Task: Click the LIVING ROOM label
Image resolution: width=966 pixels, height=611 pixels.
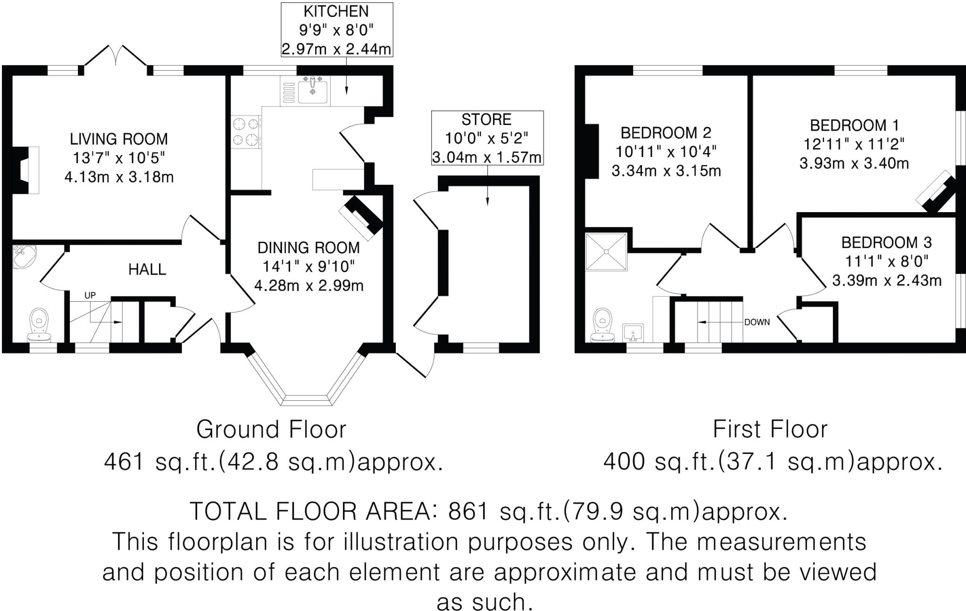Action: pos(118,139)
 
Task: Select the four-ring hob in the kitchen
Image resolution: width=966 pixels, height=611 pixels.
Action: pos(246,132)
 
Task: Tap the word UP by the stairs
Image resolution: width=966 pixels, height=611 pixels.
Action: pos(90,296)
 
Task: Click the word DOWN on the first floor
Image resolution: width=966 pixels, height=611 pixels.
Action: pos(757,322)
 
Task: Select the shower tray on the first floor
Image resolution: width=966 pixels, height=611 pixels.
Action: pos(607,252)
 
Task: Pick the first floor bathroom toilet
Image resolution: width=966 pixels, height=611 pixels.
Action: pos(602,324)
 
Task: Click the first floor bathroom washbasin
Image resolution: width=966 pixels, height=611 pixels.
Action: pos(633,332)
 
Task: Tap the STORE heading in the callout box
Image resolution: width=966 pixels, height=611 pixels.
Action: pos(486,120)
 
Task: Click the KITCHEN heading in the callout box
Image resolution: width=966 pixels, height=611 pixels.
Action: pos(336,11)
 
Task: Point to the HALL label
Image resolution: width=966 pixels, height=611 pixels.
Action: pos(147,270)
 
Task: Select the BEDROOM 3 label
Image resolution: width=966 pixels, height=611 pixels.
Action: pos(886,243)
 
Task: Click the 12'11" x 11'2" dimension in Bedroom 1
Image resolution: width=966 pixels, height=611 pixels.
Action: pos(854,144)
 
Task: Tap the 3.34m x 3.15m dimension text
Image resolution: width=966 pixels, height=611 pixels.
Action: pos(666,171)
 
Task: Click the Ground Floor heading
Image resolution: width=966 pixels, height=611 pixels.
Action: pos(271,429)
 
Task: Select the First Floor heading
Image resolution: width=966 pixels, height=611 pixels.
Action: pos(770,429)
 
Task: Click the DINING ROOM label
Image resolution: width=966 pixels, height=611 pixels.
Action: pos(308,248)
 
